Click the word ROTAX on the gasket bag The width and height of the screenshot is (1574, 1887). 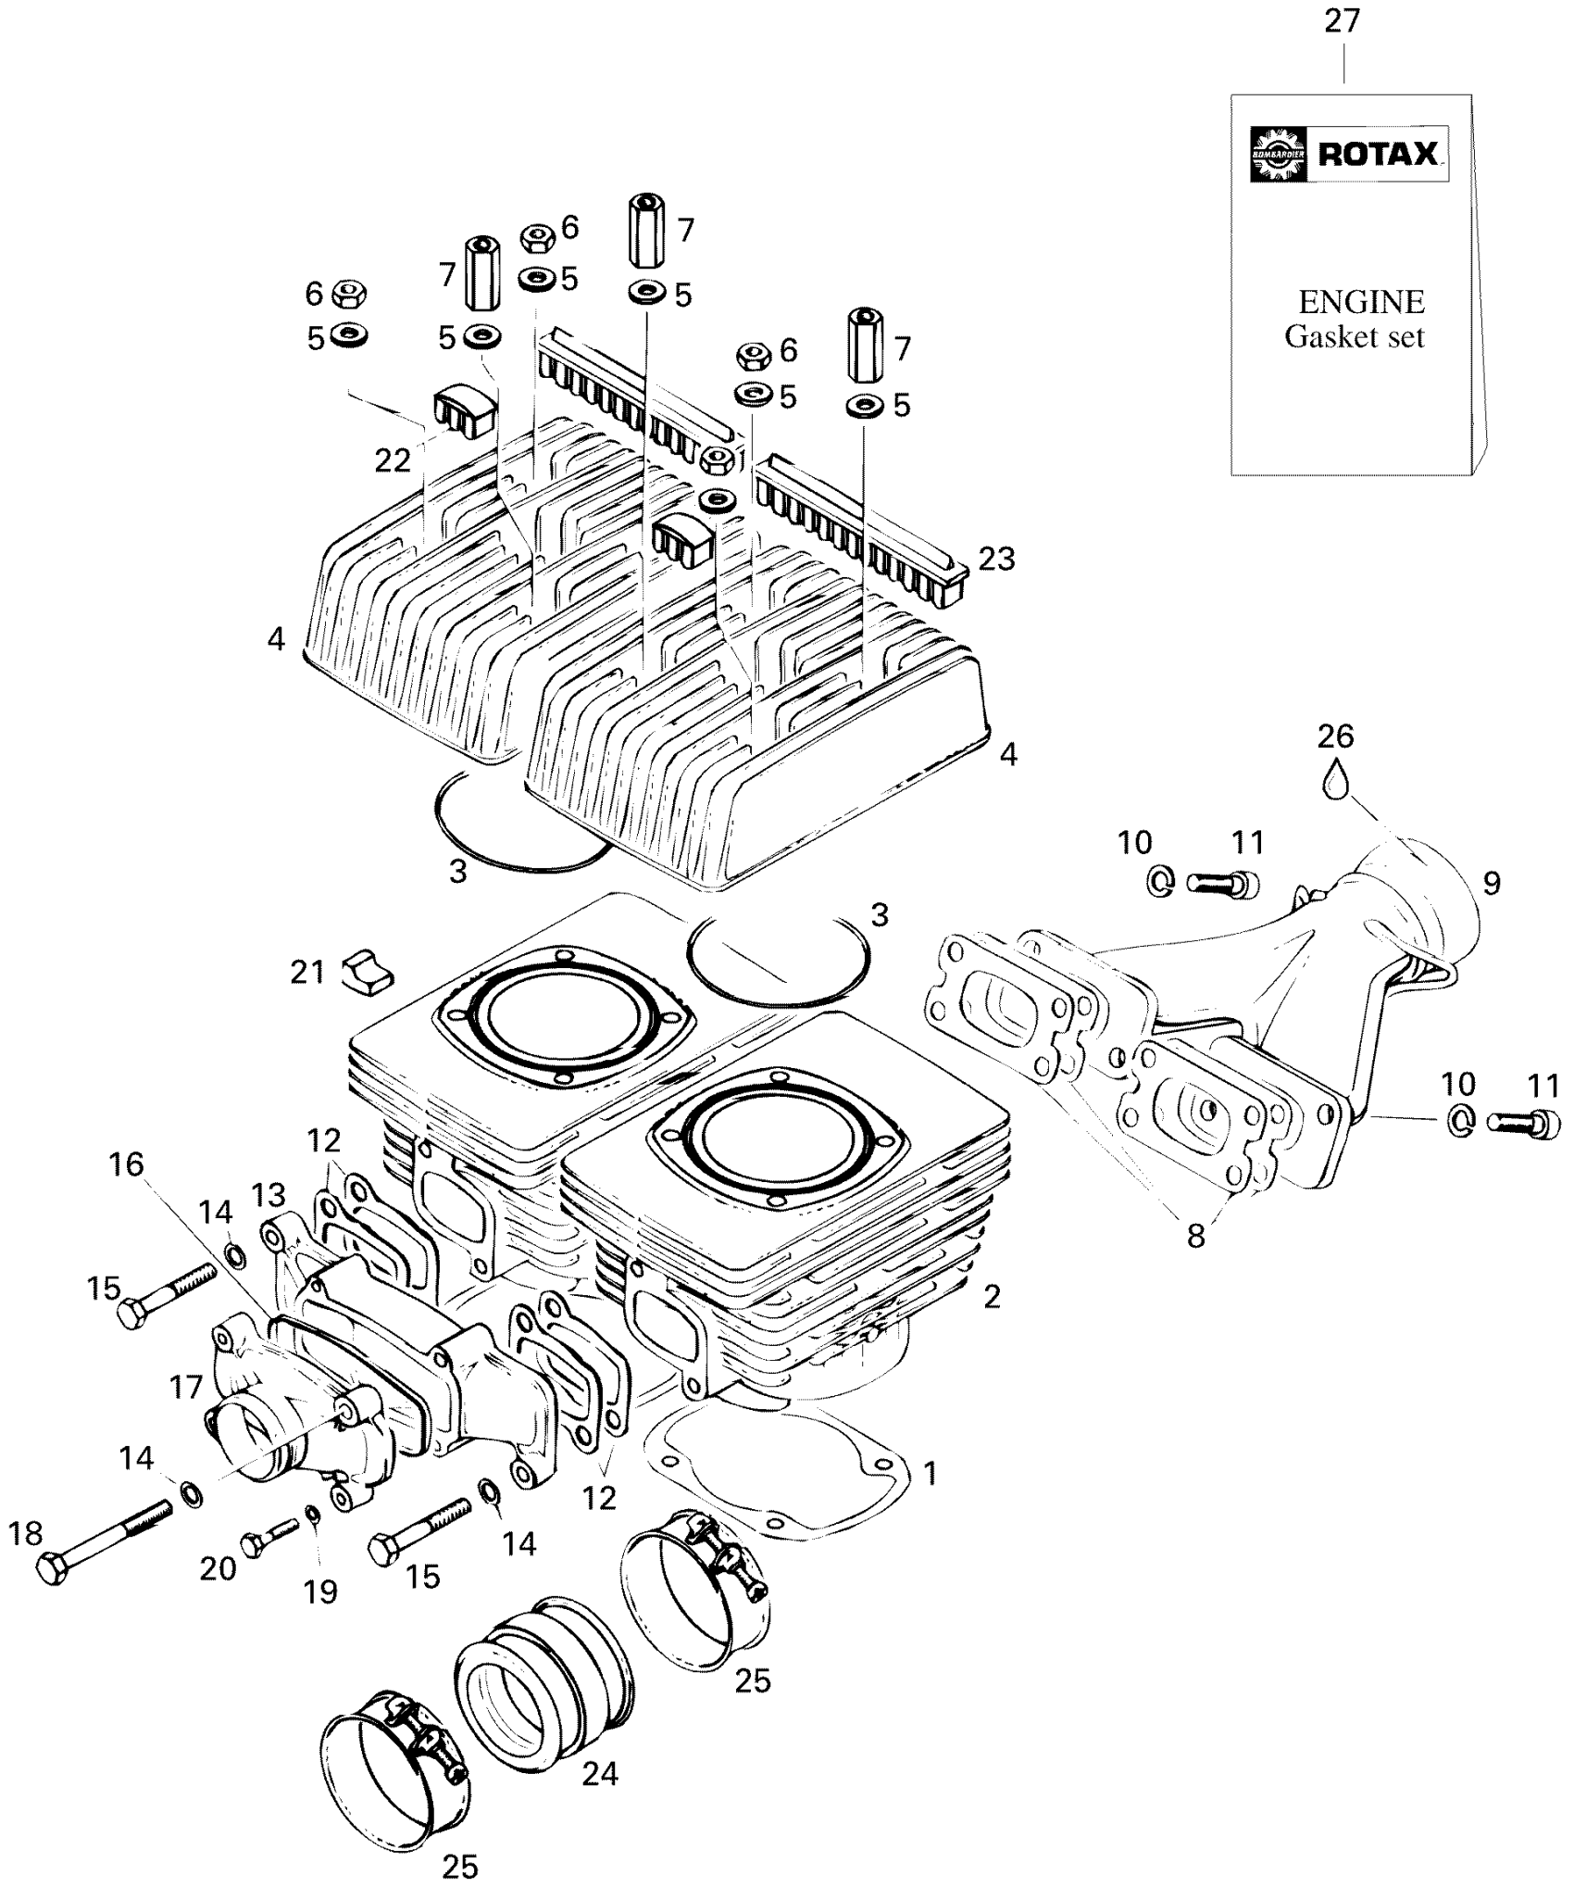tap(1378, 153)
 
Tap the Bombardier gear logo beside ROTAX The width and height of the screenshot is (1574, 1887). tap(1278, 154)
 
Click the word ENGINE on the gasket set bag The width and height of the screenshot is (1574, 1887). tap(1361, 302)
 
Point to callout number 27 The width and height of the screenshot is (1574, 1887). tap(1343, 20)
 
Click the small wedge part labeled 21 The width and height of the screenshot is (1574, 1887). tap(367, 972)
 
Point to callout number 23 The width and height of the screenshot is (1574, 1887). tap(996, 559)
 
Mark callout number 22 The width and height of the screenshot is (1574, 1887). tap(393, 460)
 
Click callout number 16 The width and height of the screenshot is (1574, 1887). tap(127, 1164)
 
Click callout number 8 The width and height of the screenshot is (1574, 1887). tap(1196, 1236)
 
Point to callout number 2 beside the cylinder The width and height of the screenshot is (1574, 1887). tap(992, 1297)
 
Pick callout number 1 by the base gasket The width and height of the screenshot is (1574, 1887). tap(931, 1473)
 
